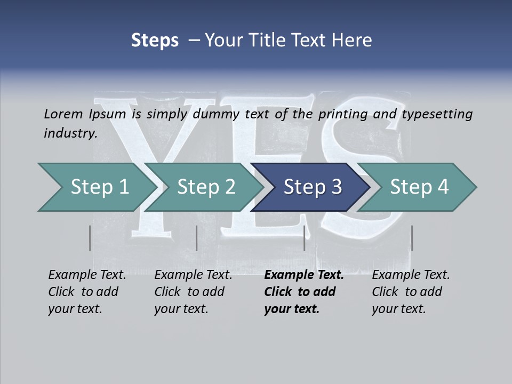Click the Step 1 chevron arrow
[99, 187]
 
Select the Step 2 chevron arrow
[206, 187]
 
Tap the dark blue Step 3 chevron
[313, 187]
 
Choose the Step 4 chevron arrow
[419, 187]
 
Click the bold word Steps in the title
[155, 41]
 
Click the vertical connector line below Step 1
[90, 238]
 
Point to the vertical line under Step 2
[197, 238]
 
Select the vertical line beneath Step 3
[304, 238]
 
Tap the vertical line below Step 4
[412, 238]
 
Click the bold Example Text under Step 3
[304, 275]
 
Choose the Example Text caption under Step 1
[87, 275]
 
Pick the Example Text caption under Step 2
[193, 275]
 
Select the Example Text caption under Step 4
[411, 275]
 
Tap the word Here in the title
[351, 41]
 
